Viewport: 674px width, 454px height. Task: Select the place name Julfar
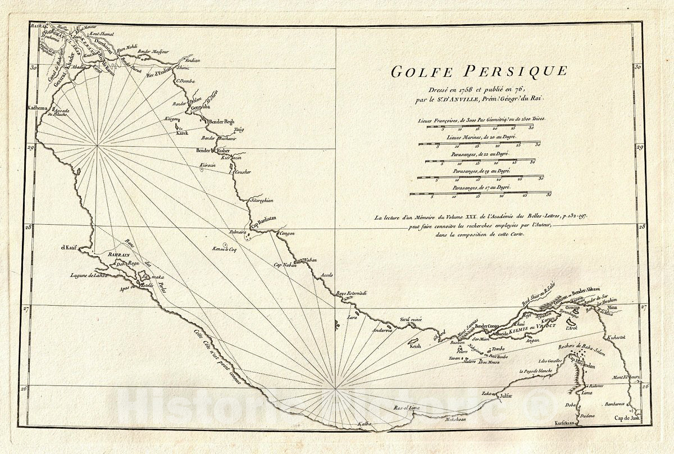tap(505, 397)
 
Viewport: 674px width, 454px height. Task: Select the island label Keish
tap(416, 347)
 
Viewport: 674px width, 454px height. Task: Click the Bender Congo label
tap(487, 326)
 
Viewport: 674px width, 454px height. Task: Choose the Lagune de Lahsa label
tap(88, 275)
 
